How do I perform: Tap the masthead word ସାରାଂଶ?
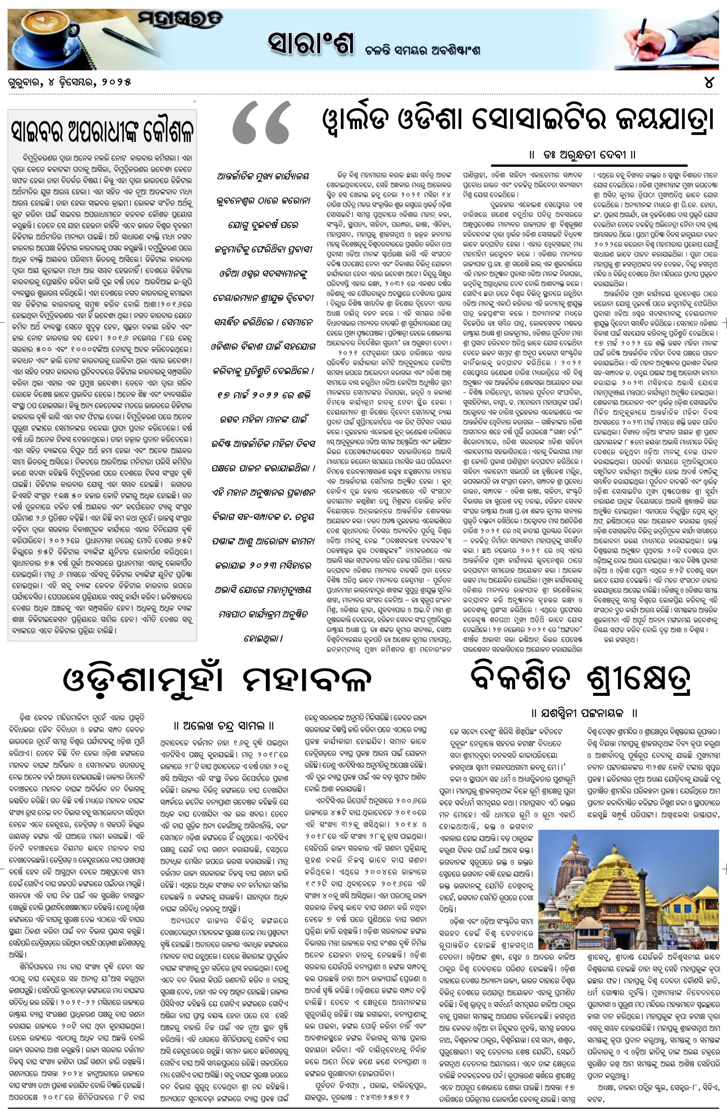pos(310,45)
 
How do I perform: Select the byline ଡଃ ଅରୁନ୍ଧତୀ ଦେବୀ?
pos(582,155)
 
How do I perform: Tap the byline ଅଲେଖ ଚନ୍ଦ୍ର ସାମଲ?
pos(224,726)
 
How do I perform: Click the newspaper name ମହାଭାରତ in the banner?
pos(180,20)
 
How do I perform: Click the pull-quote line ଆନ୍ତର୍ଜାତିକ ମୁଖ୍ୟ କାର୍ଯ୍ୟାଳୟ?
pos(263,176)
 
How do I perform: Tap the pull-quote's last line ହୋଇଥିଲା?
pos(263,638)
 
